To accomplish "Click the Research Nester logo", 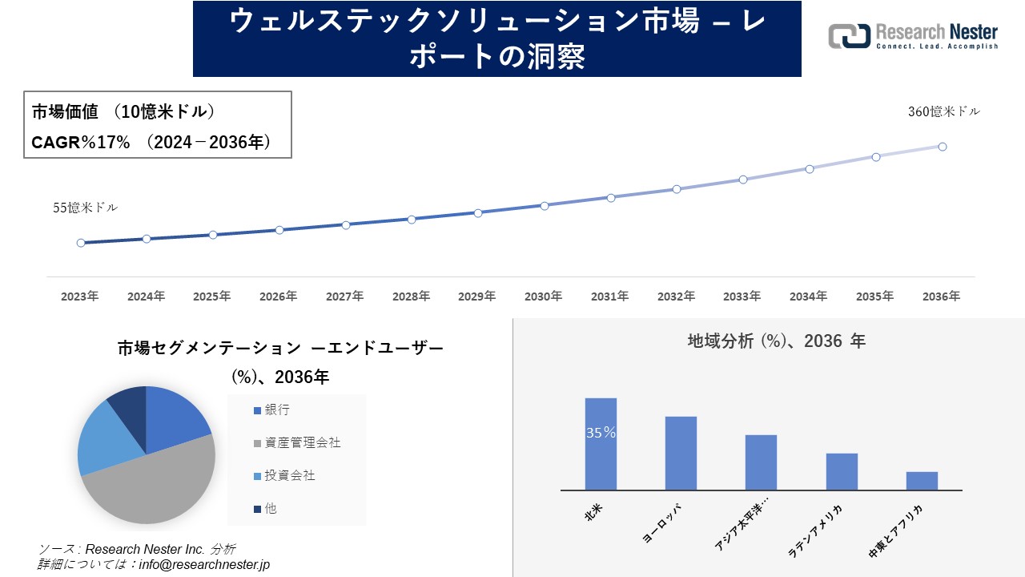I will click(913, 36).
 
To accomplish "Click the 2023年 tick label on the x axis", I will click(80, 297).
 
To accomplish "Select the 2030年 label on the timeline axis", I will click(543, 297).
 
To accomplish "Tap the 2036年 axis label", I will click(941, 297).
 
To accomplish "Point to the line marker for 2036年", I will click(943, 147).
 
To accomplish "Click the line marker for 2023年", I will click(81, 243).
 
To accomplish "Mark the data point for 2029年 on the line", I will click(478, 213).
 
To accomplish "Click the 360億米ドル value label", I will click(943, 112).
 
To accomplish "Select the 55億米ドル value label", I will click(86, 208).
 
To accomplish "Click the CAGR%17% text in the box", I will click(80, 142).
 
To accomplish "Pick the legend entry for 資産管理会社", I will click(297, 443).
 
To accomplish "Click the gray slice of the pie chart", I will click(152, 489).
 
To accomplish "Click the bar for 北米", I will click(601, 444).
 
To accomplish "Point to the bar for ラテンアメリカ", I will click(842, 472).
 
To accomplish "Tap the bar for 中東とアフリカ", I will click(922, 481).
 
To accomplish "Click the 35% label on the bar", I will click(601, 433).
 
